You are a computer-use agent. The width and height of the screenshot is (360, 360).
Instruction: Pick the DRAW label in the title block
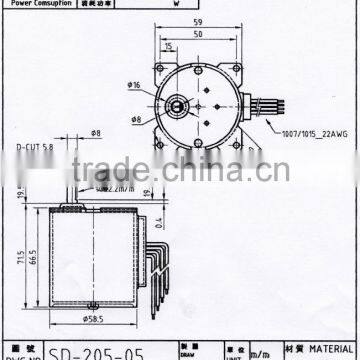190,351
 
